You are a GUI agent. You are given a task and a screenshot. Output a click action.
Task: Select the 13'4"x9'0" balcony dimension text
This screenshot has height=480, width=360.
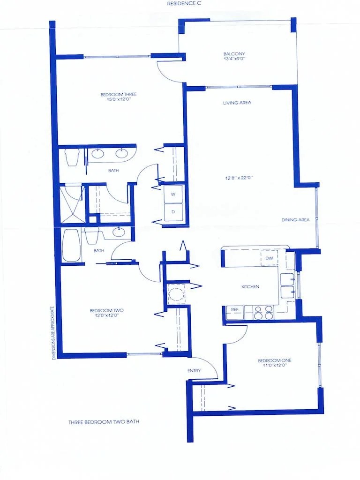click(x=234, y=60)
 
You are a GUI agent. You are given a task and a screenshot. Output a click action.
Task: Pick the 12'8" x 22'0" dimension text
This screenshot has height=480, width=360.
click(x=239, y=178)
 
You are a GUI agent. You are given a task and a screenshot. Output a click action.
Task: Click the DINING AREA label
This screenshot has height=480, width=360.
click(x=295, y=219)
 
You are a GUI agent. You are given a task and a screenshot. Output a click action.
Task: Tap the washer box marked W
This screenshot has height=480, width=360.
click(x=173, y=194)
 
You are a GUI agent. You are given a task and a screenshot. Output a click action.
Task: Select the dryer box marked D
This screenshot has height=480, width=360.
click(x=173, y=211)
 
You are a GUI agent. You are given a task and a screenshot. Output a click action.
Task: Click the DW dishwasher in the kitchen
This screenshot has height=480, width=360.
click(x=269, y=258)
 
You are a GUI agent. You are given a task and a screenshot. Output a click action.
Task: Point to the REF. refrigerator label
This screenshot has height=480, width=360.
click(x=234, y=309)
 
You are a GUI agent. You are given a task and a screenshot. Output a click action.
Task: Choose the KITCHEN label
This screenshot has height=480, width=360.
click(x=250, y=286)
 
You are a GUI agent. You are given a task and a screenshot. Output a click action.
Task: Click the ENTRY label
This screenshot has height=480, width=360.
click(x=194, y=371)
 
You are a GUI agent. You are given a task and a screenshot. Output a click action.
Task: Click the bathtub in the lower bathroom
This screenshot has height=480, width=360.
click(x=72, y=245)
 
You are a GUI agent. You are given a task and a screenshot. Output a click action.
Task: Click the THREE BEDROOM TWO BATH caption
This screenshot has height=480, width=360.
click(x=104, y=422)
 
